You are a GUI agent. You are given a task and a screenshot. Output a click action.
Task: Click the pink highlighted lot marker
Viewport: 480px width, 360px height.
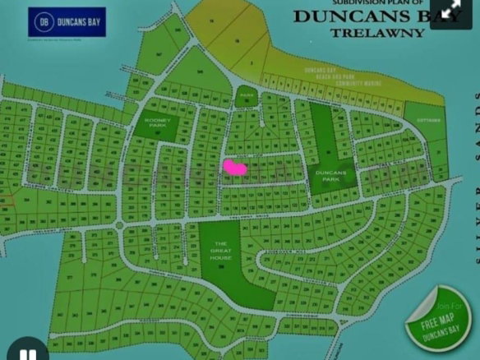point(234,167)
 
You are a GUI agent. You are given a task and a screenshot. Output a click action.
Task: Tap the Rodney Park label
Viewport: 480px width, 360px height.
point(156,122)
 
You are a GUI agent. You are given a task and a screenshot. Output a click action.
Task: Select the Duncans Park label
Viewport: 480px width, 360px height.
point(333,175)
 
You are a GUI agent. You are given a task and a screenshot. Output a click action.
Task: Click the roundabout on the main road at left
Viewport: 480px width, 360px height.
point(119,224)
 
